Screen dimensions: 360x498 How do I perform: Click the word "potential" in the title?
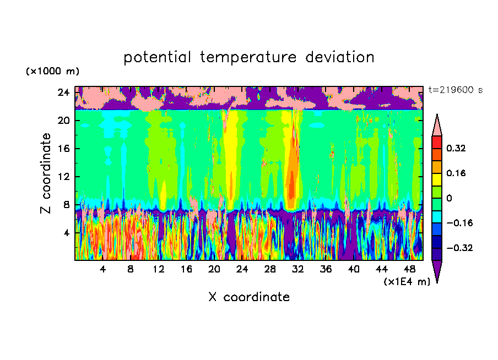click(x=155, y=57)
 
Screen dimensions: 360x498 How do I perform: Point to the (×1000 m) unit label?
click(x=52, y=72)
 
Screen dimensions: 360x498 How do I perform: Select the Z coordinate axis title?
click(x=46, y=173)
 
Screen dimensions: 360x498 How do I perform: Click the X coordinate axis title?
click(x=249, y=297)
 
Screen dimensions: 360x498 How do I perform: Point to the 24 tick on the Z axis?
click(x=63, y=92)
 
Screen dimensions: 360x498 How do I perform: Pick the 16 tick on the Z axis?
click(x=63, y=149)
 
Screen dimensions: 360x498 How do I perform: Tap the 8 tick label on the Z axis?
click(x=66, y=205)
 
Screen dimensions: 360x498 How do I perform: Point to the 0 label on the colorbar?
click(x=449, y=198)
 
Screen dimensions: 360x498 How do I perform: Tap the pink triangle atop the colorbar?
click(x=437, y=126)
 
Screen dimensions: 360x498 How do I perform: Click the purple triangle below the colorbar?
click(x=437, y=271)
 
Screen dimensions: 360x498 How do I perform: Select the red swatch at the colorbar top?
click(x=437, y=141)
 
